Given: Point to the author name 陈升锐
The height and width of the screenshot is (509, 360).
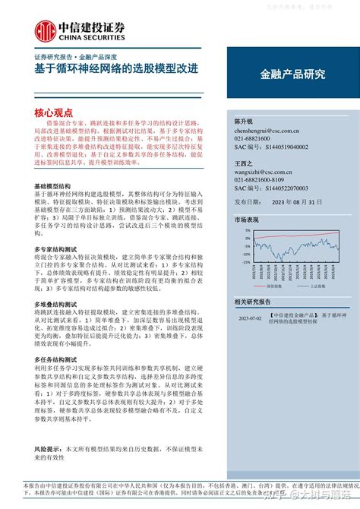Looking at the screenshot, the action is click(245, 122).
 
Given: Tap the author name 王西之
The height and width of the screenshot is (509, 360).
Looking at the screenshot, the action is click(245, 163).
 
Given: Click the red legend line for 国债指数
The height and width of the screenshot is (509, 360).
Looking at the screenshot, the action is click(256, 288).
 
